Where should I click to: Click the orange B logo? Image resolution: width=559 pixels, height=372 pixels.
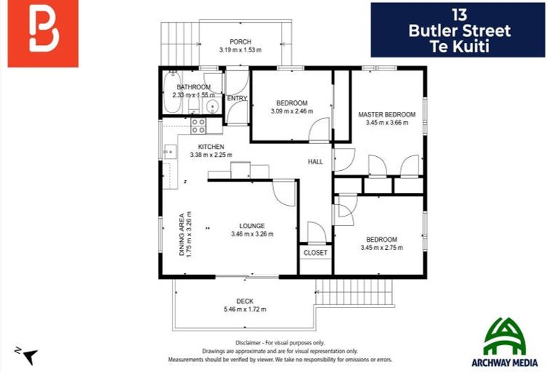tap(43, 34)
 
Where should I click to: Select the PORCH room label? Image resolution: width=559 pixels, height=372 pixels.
tap(240, 41)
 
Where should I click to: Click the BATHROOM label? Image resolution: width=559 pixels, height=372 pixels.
tap(193, 87)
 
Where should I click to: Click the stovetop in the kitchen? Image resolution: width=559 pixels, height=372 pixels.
tap(198, 126)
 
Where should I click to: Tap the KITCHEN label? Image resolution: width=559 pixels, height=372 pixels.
tap(200, 147)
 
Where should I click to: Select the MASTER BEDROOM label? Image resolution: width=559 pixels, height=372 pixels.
tap(386, 115)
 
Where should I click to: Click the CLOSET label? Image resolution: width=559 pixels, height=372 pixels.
tap(316, 253)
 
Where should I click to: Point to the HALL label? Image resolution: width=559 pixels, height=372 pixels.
tap(315, 161)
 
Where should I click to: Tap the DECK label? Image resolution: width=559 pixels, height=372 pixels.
tap(245, 301)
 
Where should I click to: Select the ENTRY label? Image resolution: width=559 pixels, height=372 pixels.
tap(237, 99)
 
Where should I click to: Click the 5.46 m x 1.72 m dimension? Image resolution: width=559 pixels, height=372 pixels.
tap(245, 310)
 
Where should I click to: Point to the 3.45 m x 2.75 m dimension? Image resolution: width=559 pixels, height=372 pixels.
tap(381, 248)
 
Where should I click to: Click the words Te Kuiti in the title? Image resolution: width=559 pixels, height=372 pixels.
tap(458, 45)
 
